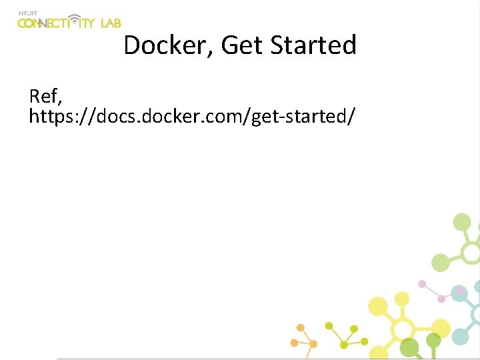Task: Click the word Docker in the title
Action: [167, 45]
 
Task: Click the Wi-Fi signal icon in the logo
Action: [75, 20]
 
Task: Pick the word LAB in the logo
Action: [110, 23]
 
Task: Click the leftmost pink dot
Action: [421, 283]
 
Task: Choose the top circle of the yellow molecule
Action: [401, 298]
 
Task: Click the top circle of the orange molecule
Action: [301, 328]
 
